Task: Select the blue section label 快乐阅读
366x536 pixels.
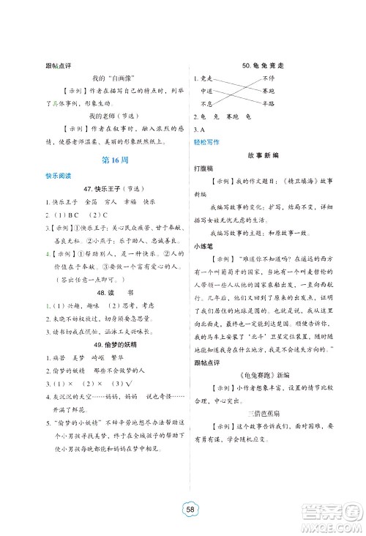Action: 59,177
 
